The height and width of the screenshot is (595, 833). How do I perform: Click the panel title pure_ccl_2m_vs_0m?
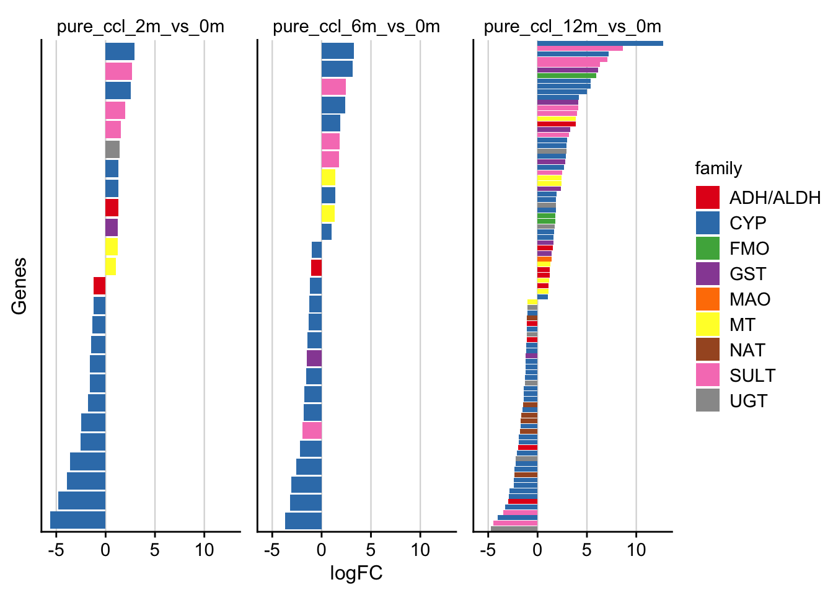141,27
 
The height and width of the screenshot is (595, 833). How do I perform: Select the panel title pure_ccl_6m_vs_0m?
356,27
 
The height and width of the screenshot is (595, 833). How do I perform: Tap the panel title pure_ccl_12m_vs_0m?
572,27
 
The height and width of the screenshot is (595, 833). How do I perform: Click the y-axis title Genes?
19,286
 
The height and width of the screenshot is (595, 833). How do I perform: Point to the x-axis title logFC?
356,573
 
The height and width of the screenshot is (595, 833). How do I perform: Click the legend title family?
718,169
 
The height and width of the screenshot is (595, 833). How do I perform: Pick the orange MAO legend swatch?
707,299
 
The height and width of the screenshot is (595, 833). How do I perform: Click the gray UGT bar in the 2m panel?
112,149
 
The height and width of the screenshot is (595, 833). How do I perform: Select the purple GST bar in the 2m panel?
112,227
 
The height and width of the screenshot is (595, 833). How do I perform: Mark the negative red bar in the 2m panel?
99,286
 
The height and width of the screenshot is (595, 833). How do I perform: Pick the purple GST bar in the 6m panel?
314,358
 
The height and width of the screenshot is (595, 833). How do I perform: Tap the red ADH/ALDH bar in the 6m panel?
316,268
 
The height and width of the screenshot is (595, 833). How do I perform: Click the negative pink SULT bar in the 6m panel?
312,430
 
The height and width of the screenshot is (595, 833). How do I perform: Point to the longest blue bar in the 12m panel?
600,43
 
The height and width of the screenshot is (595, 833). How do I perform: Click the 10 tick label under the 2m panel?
204,550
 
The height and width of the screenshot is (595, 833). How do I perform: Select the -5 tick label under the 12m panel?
488,550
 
